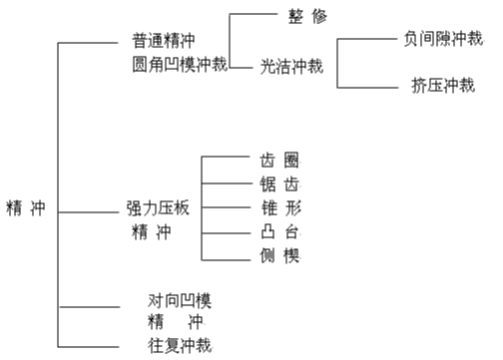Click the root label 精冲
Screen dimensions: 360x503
pos(26,210)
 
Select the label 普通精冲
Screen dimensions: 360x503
pos(163,43)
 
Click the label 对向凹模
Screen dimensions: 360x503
pos(180,300)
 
